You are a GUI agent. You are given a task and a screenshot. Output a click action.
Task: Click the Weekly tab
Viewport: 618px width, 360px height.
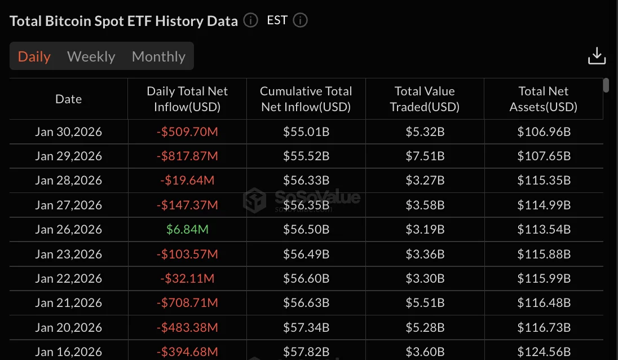click(x=91, y=56)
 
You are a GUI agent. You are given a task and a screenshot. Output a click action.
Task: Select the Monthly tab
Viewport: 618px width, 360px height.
click(x=158, y=56)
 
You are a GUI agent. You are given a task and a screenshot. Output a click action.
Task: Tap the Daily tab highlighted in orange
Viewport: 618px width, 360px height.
click(x=34, y=56)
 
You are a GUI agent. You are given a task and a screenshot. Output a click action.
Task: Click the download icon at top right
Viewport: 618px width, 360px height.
click(x=597, y=56)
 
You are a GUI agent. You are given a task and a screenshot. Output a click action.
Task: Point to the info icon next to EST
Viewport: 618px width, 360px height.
click(x=301, y=21)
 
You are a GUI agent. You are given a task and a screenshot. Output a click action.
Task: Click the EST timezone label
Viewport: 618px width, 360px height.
click(x=277, y=21)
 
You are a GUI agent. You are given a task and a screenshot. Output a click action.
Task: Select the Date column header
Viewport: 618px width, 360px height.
click(x=69, y=99)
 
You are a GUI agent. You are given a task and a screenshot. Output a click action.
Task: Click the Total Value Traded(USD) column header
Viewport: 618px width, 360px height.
click(x=425, y=99)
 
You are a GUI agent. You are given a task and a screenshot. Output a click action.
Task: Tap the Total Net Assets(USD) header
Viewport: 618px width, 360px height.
click(x=544, y=99)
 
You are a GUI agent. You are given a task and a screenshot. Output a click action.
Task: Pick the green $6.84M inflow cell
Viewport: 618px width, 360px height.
click(x=187, y=230)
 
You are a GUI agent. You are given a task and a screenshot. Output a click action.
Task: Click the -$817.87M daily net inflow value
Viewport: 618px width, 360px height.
click(x=187, y=156)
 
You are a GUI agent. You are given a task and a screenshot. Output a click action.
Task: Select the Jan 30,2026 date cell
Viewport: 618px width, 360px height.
click(x=69, y=132)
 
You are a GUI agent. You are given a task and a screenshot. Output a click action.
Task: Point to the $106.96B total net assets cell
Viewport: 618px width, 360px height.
click(x=544, y=132)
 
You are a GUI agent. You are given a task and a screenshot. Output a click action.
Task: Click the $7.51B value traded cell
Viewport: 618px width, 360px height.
click(x=425, y=156)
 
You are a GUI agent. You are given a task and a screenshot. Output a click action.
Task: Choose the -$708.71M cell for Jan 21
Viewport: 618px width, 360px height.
click(x=187, y=303)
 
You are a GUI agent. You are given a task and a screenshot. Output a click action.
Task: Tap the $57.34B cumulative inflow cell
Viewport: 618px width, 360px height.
click(x=306, y=327)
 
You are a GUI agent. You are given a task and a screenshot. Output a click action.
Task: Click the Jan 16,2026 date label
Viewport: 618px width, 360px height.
click(x=69, y=352)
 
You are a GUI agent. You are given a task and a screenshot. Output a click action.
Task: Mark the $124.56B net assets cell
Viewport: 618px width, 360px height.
click(x=544, y=352)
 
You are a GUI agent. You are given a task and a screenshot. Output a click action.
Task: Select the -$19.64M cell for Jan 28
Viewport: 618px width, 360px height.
click(x=187, y=181)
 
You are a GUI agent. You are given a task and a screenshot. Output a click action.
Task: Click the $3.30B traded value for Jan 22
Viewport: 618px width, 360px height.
click(x=425, y=278)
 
